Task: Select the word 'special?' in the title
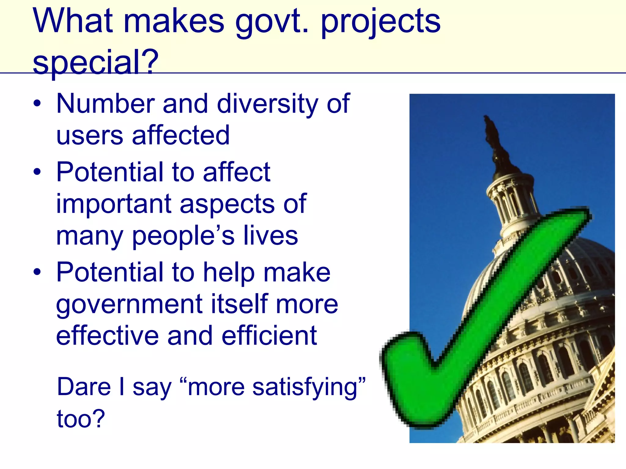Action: (x=96, y=63)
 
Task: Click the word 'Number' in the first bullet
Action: (x=105, y=104)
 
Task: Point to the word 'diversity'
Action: (x=268, y=104)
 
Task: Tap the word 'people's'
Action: (x=183, y=236)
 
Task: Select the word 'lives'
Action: (x=271, y=236)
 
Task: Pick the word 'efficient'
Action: (x=269, y=336)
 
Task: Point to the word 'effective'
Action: (x=107, y=336)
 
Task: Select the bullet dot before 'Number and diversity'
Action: (x=37, y=104)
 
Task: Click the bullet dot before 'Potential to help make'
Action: (x=37, y=271)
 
